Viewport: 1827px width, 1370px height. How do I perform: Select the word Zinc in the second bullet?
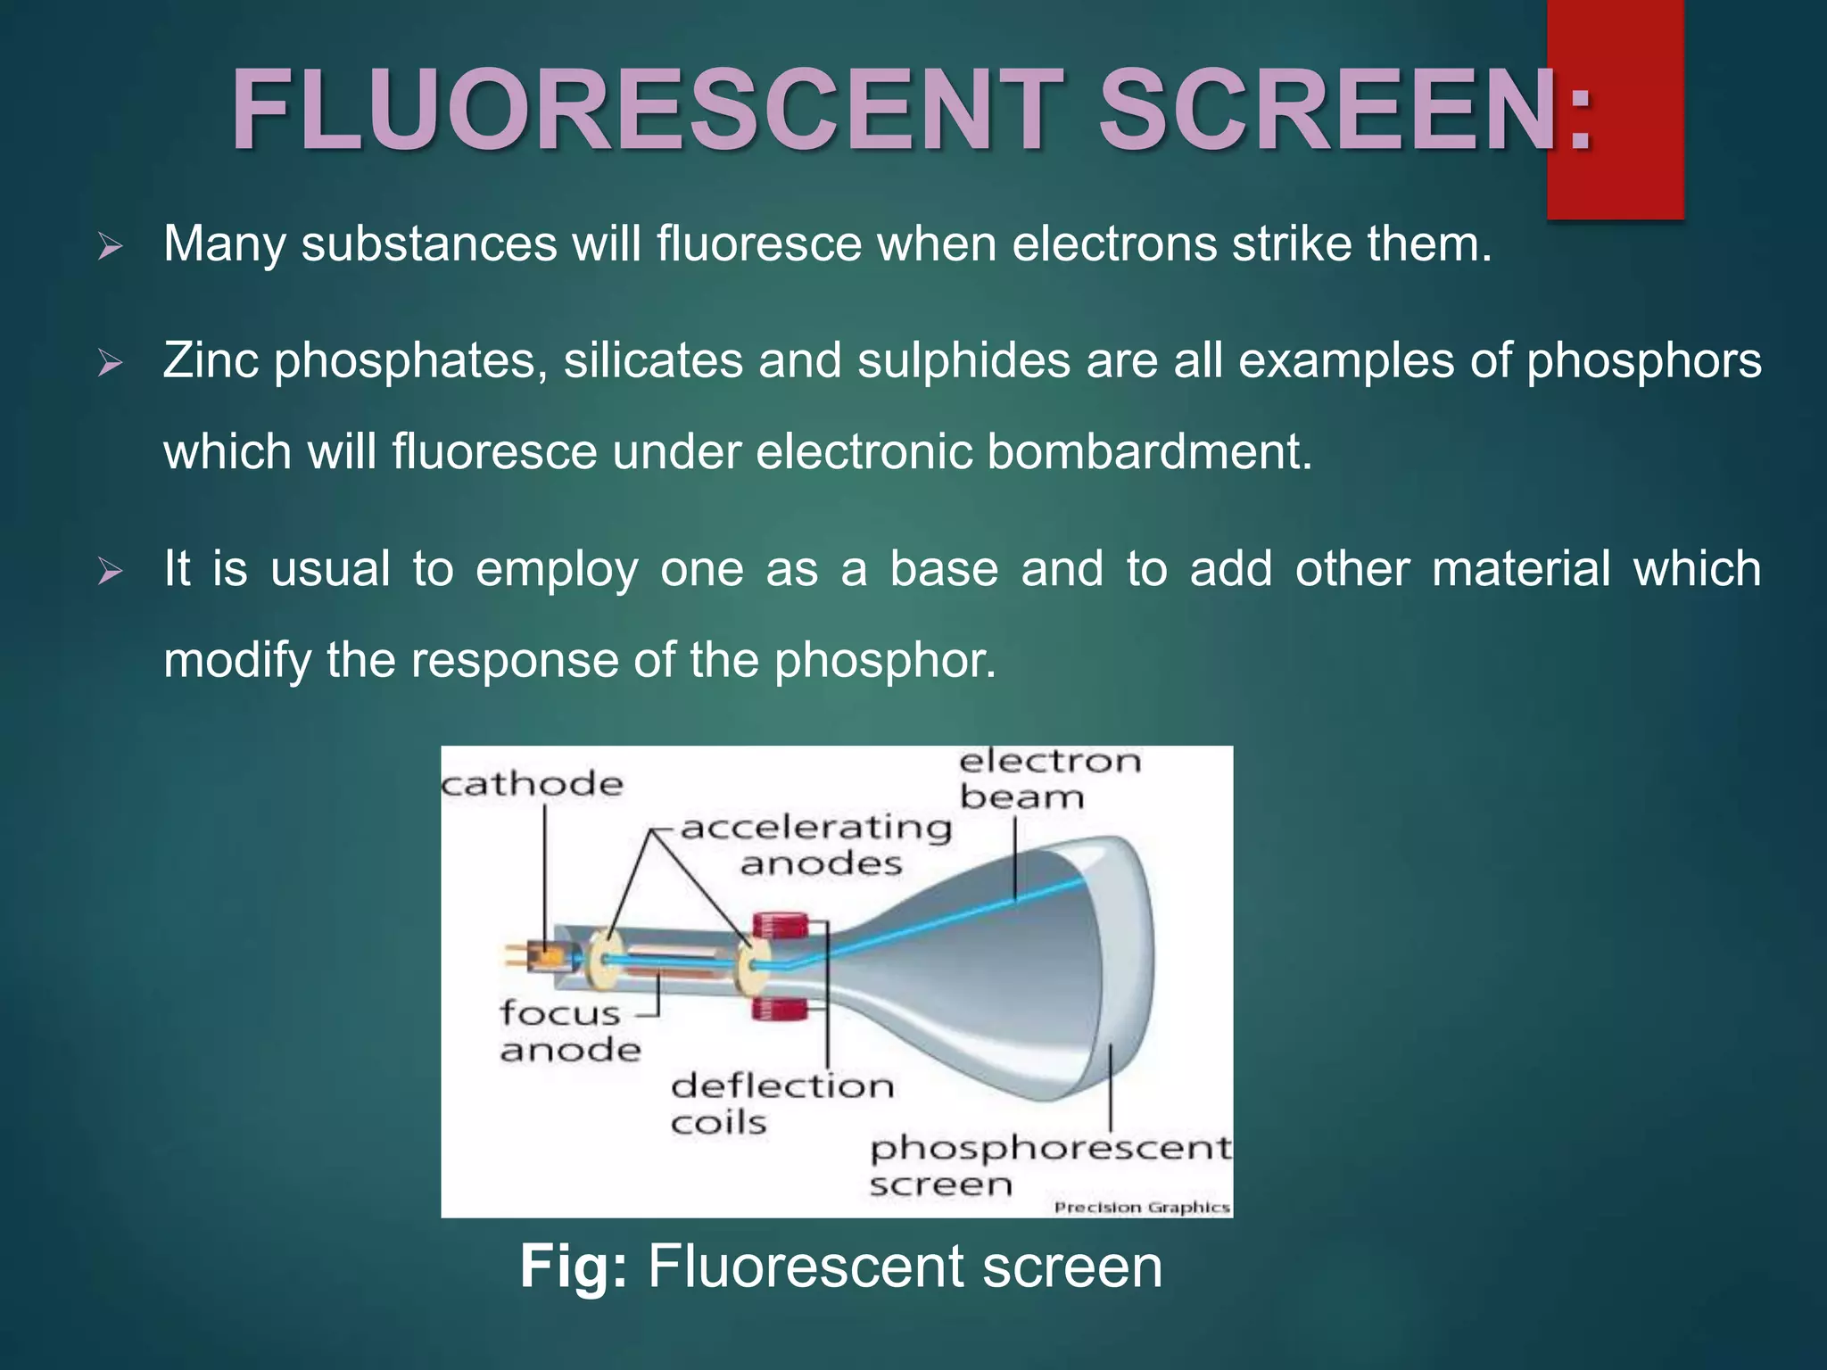point(211,360)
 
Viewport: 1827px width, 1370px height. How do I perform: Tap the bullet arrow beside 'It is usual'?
point(110,571)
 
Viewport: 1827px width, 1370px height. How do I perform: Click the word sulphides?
point(963,360)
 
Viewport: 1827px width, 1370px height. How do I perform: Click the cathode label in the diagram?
point(533,785)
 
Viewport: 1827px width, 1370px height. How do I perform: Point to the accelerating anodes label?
point(817,845)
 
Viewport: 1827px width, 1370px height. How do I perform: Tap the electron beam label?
point(1049,779)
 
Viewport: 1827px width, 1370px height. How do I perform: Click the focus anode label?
point(569,1031)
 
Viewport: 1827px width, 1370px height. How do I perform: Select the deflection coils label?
point(781,1103)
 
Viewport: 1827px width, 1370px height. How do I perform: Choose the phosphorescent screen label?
point(1049,1165)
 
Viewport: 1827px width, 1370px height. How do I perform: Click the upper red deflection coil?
point(781,925)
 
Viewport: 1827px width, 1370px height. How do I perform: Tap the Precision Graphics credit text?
point(1142,1208)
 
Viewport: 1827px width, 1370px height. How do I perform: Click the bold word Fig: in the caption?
point(574,1267)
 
